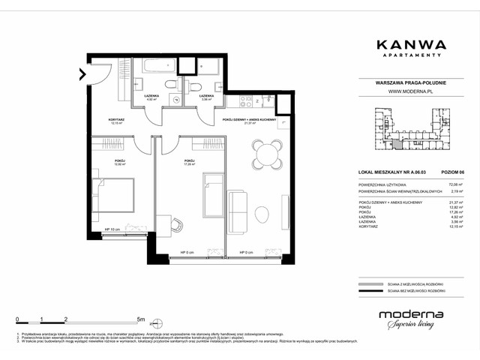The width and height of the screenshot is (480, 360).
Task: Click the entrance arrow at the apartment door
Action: click(x=81, y=73)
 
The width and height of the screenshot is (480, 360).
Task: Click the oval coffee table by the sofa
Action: click(x=260, y=212)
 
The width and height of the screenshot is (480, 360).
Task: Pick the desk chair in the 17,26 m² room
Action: click(x=178, y=226)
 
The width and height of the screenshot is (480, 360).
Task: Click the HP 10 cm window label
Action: click(x=112, y=229)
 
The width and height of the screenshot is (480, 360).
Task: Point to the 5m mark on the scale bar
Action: click(x=141, y=319)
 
